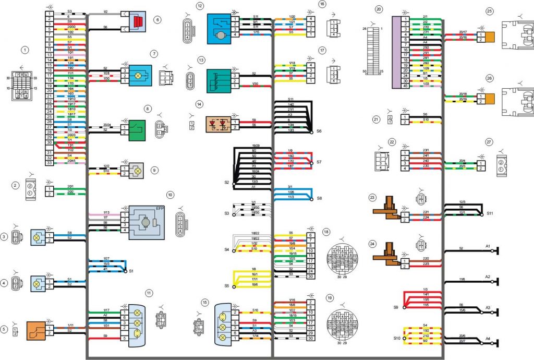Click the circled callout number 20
pos(379,9)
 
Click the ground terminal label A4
pos(488,339)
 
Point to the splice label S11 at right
pos(490,213)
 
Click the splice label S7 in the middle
pos(320,162)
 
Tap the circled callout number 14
pos(199,104)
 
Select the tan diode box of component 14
pos(217,124)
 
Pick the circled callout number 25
pos(489,11)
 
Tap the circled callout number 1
pos(23,50)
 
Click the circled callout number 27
pos(489,142)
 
